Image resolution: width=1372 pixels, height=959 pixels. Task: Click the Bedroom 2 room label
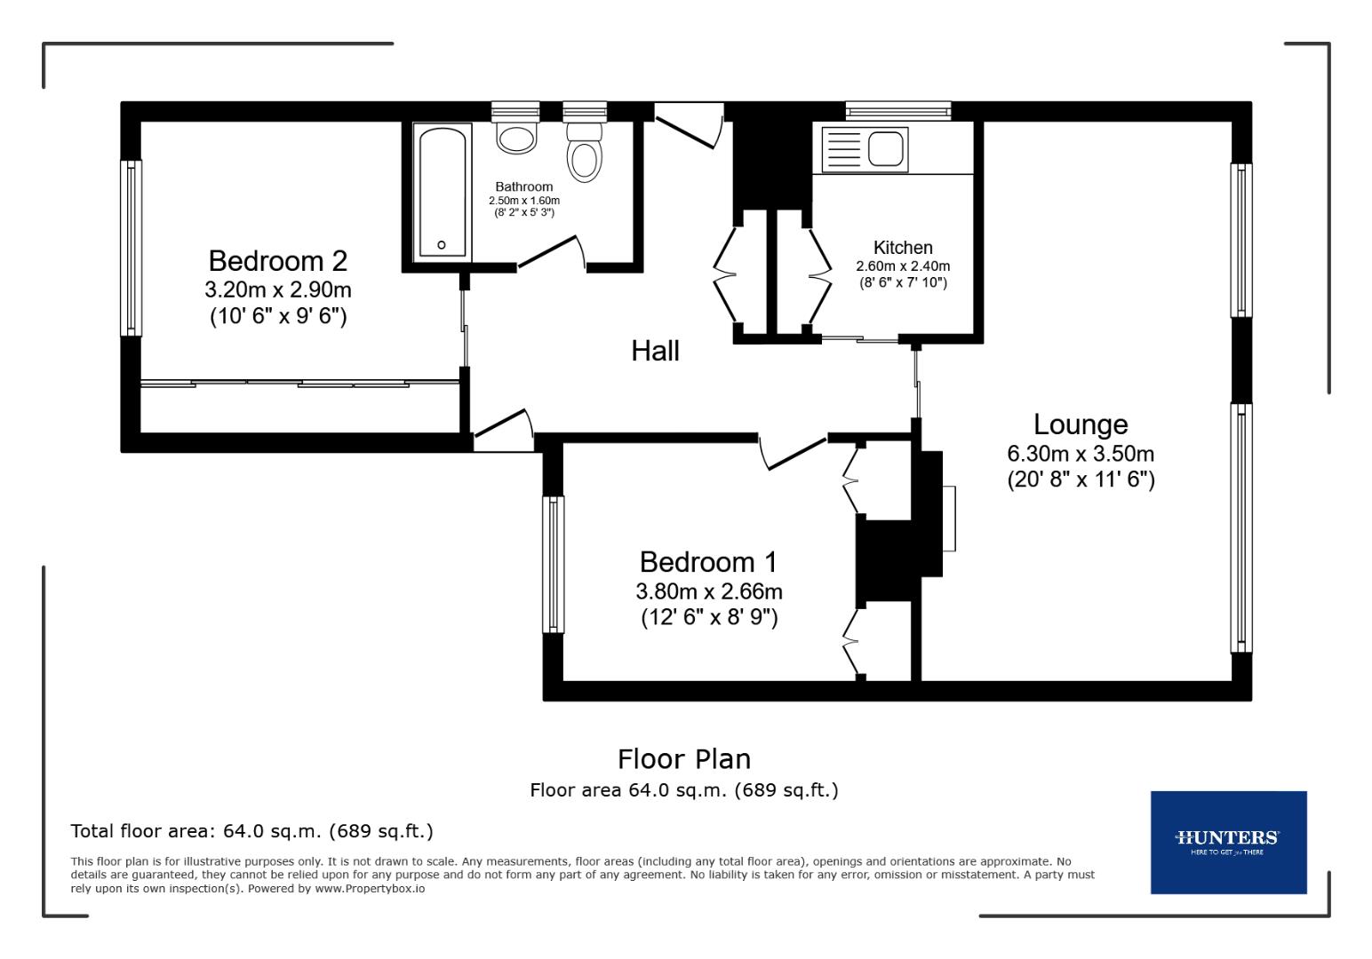coord(277,261)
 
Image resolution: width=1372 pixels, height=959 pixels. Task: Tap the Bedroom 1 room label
coord(708,562)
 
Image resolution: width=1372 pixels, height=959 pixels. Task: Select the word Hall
coord(655,351)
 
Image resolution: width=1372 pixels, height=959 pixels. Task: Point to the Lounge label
coord(1080,424)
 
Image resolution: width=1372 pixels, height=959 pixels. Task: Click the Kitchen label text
coord(903,248)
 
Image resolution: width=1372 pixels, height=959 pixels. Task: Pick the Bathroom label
coord(523,186)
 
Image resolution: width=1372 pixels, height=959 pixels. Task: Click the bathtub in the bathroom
coord(442,193)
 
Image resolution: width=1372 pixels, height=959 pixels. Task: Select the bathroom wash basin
coord(515,138)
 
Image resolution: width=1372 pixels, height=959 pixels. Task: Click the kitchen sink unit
coord(864,148)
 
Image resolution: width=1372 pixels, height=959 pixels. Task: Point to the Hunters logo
coord(1227,841)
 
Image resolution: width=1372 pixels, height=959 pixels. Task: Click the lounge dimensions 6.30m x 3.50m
coord(1080,454)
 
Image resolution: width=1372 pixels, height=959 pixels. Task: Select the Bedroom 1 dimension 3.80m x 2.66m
coord(708,591)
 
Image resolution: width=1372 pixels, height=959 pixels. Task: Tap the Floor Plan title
coord(683,759)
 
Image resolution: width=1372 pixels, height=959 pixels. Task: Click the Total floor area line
coord(251,831)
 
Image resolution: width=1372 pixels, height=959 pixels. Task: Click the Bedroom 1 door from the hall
coord(794,451)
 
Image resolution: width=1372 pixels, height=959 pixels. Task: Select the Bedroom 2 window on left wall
coord(131,248)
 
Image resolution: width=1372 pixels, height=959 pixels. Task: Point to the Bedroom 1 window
coord(554,564)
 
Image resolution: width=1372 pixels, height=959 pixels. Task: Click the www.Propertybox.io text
coord(370,888)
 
